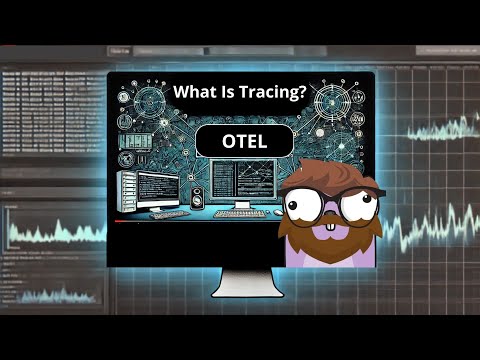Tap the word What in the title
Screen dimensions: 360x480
coord(195,92)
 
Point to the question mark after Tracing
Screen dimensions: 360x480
coord(305,92)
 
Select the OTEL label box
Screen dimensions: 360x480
coord(244,140)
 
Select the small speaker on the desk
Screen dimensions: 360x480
coord(196,197)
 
